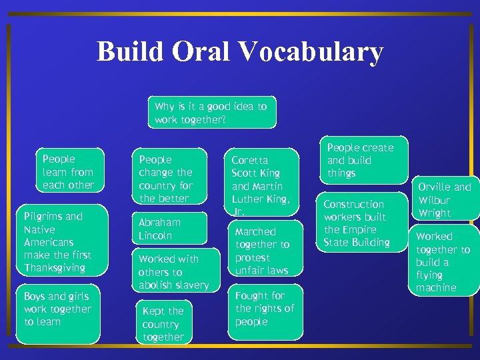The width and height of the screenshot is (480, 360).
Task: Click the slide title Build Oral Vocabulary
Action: (240, 52)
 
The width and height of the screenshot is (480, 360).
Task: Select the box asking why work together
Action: (211, 113)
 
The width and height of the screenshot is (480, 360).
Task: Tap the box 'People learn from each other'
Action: (69, 172)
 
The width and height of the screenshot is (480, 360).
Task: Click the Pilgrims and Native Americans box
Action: (60, 242)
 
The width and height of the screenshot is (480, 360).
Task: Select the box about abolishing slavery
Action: (174, 271)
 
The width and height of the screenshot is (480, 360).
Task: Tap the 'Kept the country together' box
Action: (164, 323)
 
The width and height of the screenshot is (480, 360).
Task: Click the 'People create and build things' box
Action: (361, 160)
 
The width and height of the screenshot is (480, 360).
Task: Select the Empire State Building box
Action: (361, 223)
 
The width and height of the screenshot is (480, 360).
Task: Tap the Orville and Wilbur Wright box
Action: (445, 199)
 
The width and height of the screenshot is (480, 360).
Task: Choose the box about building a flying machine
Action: (443, 261)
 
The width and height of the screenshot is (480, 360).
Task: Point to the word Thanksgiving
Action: (55, 268)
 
